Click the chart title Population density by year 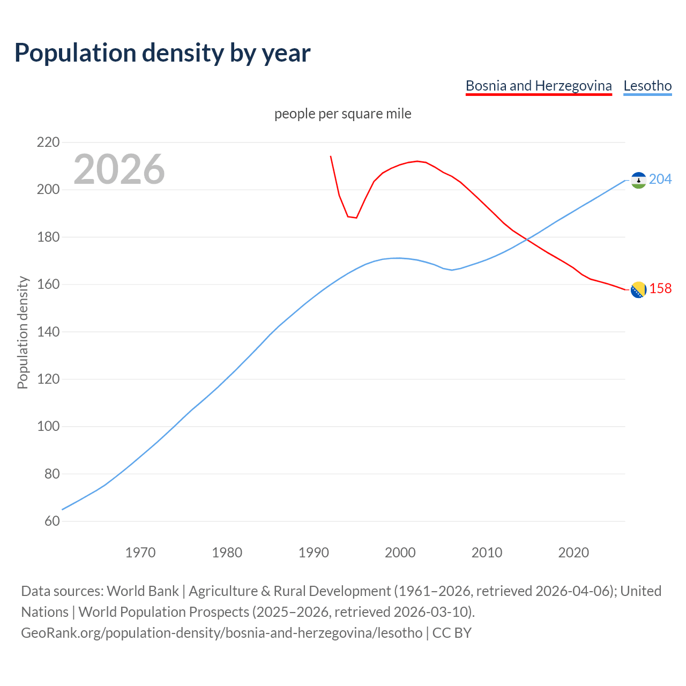(x=162, y=53)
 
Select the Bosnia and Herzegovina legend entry (x=539, y=86)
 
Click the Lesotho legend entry (x=647, y=86)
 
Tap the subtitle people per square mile (x=342, y=114)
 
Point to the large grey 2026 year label (x=119, y=169)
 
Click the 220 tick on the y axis (x=48, y=143)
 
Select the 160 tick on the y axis (x=48, y=285)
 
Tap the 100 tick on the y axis (x=48, y=427)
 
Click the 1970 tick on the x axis (x=140, y=553)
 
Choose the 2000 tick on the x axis (x=400, y=553)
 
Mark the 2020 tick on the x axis (x=573, y=553)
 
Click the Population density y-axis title (x=23, y=332)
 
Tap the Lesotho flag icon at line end (x=638, y=181)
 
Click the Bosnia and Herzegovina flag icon (x=638, y=290)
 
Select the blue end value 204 (x=660, y=179)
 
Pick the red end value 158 (x=660, y=289)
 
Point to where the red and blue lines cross (x=528, y=240)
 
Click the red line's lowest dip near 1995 (x=356, y=218)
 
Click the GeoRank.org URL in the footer (x=221, y=633)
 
